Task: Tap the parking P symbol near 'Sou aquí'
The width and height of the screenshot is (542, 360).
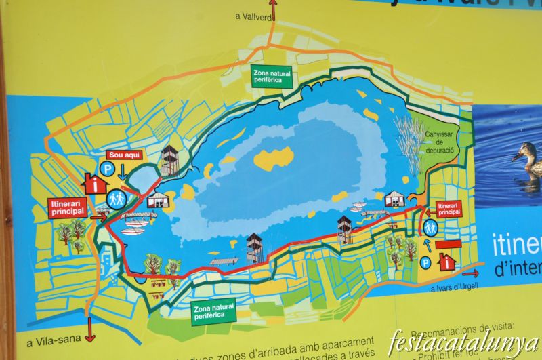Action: pos(106,167)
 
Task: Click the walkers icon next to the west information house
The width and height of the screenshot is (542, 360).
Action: pos(117,199)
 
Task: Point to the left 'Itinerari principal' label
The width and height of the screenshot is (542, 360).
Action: pos(68,206)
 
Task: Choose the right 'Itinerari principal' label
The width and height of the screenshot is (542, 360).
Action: pos(448,208)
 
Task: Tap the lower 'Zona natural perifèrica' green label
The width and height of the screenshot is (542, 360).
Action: pos(213,311)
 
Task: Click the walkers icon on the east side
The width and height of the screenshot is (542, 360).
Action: pos(430,228)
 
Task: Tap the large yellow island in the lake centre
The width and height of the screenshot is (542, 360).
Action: pos(274,158)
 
